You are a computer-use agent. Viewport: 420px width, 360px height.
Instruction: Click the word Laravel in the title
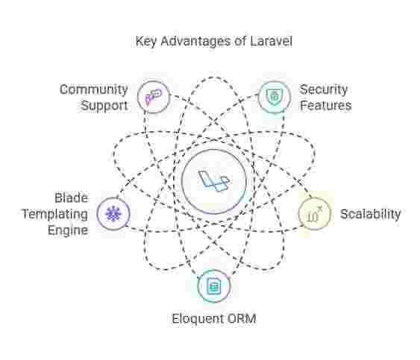click(271, 41)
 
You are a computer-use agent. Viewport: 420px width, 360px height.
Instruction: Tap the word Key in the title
click(145, 42)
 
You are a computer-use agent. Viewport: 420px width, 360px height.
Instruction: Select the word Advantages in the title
click(195, 42)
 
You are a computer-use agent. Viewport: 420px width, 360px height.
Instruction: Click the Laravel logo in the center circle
click(213, 181)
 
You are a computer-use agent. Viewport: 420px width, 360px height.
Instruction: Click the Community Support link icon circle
click(154, 97)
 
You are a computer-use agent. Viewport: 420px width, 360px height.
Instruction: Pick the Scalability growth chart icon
click(315, 214)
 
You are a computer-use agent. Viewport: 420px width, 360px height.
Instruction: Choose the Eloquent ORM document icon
click(213, 286)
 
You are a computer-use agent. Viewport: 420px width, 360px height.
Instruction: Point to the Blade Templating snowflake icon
click(113, 214)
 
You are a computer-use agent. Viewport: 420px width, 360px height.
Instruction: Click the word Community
click(93, 89)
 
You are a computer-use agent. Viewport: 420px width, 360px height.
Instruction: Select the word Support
click(104, 106)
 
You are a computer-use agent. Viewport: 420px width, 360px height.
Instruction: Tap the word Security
click(323, 89)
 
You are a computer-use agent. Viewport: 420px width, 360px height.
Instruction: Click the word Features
click(325, 105)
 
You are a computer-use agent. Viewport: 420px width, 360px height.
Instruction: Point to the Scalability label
click(371, 214)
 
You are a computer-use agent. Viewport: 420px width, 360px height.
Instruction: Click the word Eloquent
click(197, 319)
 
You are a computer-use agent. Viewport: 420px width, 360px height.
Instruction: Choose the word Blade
click(72, 198)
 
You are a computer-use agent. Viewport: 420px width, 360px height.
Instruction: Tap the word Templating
click(55, 215)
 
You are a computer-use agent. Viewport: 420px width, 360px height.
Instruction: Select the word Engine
click(68, 230)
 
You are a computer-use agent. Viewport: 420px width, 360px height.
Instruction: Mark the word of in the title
click(240, 42)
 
